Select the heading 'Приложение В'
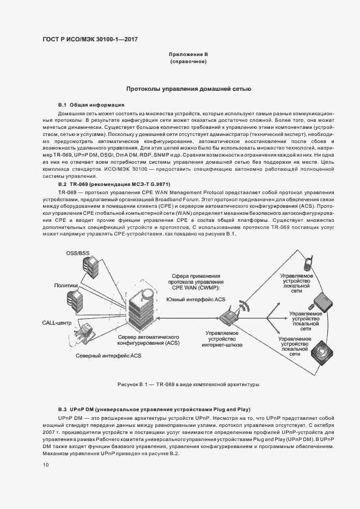coord(188,55)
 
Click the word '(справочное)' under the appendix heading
coord(188,63)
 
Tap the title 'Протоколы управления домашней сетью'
coord(188,88)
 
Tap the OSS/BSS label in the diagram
coord(77,253)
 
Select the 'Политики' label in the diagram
coord(66,285)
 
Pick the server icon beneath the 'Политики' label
coord(75,300)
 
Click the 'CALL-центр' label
coord(57,323)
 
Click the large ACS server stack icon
coord(142,313)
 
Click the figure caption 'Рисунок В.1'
coord(188,384)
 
